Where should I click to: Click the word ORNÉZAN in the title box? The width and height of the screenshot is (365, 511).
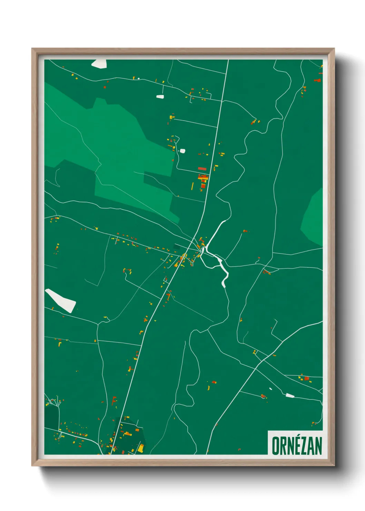[x=297, y=446]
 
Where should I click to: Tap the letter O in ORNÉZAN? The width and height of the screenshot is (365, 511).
[x=276, y=446]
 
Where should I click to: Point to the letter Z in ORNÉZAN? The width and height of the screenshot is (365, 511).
[x=304, y=446]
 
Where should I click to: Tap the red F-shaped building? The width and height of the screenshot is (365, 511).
[x=114, y=401]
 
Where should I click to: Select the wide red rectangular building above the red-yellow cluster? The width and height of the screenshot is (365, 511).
[x=202, y=168]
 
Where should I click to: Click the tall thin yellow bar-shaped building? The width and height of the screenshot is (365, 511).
[x=193, y=186]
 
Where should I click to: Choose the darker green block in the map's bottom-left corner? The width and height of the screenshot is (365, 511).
[x=51, y=416]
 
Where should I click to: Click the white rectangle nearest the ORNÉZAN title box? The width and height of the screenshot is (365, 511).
[x=290, y=395]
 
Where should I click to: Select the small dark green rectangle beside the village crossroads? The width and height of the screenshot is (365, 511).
[x=177, y=247]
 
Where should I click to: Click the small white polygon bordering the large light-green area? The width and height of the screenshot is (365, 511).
[x=182, y=151]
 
